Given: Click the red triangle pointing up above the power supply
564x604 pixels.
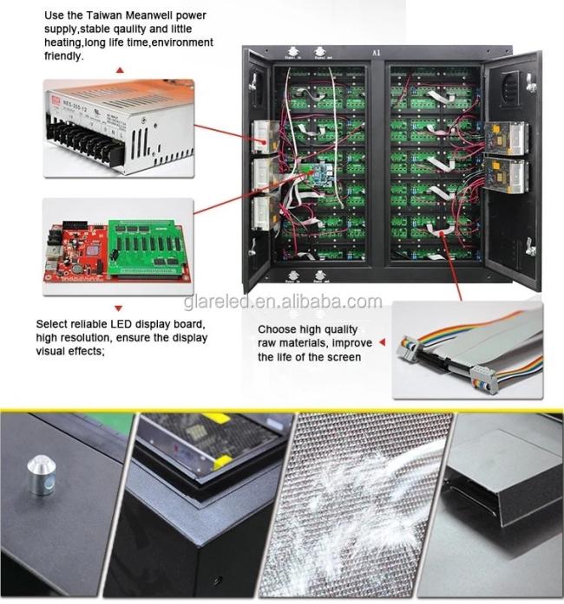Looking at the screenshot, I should pyautogui.click(x=119, y=68).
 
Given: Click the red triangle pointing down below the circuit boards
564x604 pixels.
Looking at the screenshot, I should pyautogui.click(x=119, y=308).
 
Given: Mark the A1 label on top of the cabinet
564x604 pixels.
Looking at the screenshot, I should pyautogui.click(x=376, y=52).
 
